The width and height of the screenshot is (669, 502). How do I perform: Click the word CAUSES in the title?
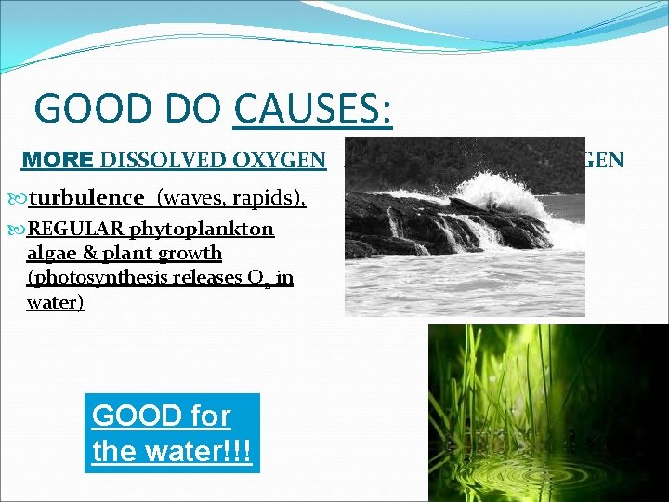[x=312, y=109]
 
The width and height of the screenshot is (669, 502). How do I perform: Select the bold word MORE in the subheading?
[x=56, y=160]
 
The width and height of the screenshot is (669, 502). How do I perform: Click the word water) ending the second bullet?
[x=55, y=302]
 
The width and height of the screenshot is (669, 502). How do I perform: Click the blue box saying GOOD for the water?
[x=172, y=433]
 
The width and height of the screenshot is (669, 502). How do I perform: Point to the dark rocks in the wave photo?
[x=418, y=223]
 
